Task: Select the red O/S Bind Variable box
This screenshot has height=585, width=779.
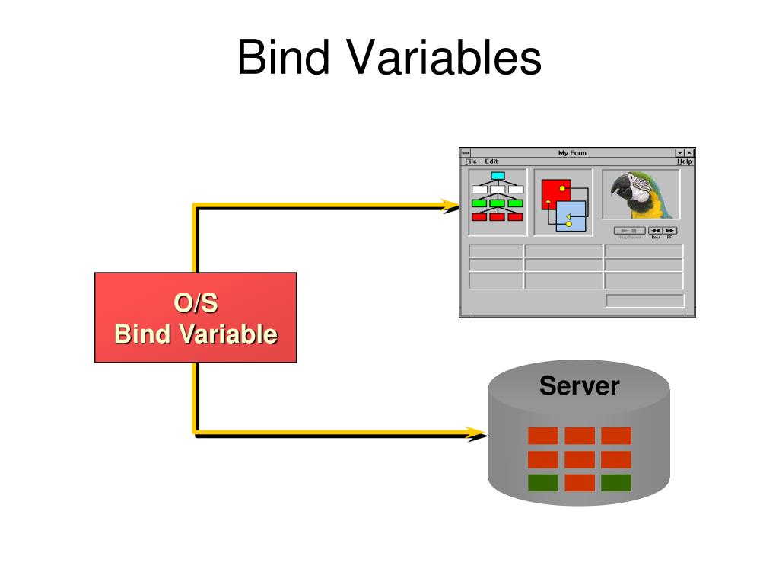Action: (x=196, y=318)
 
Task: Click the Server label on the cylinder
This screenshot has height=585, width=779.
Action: (x=579, y=386)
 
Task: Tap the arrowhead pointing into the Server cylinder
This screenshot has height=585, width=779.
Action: (x=477, y=434)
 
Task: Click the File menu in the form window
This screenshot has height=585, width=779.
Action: (x=471, y=161)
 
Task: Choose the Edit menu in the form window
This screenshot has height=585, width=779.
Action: (x=491, y=161)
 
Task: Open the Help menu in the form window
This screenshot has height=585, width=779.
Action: (x=685, y=161)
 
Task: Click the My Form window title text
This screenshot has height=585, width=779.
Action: (x=572, y=153)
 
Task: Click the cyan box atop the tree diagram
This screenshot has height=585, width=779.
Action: (x=498, y=176)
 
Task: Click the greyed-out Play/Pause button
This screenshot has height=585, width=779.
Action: (x=629, y=230)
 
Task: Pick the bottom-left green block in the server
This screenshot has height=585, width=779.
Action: (x=543, y=483)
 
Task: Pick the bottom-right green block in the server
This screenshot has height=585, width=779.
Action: (x=616, y=483)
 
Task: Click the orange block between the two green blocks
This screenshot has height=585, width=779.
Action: (x=580, y=483)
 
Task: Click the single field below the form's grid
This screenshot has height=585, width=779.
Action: (x=645, y=301)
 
